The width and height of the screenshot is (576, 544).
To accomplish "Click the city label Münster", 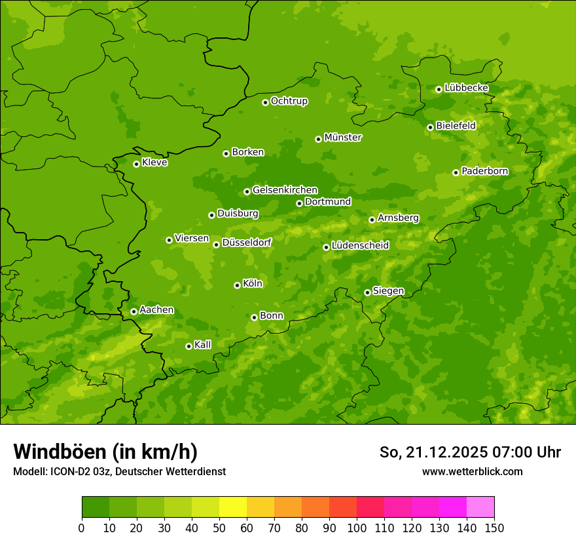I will click(342, 138).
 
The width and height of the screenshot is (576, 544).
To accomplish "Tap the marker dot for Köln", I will click(237, 285).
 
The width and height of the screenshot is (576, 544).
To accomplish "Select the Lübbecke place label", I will click(466, 88).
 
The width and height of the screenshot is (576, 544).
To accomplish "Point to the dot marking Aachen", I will click(134, 311).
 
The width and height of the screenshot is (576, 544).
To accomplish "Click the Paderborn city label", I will click(484, 171).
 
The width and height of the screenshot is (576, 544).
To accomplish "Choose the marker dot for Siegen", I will click(367, 292).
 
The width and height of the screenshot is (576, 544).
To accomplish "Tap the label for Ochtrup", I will click(289, 101).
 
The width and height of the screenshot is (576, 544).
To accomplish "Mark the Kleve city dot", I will click(136, 164).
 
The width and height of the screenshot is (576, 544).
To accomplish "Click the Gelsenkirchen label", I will click(285, 190).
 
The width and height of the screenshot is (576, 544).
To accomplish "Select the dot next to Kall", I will click(189, 346).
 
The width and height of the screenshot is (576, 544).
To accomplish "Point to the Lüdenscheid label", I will click(360, 246).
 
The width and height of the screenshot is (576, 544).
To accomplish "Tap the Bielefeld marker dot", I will click(430, 127).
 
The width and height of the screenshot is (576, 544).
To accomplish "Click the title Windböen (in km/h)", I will click(105, 452).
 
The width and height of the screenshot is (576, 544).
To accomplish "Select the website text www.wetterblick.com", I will click(472, 471).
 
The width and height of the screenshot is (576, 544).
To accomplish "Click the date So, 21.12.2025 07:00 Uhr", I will click(470, 452).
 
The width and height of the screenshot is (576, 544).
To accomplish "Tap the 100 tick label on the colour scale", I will click(357, 528).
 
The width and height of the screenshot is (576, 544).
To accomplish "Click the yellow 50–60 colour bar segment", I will click(233, 507).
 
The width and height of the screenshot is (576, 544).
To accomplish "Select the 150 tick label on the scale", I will click(494, 528).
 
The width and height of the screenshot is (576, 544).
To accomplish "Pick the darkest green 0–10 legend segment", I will click(96, 507).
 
